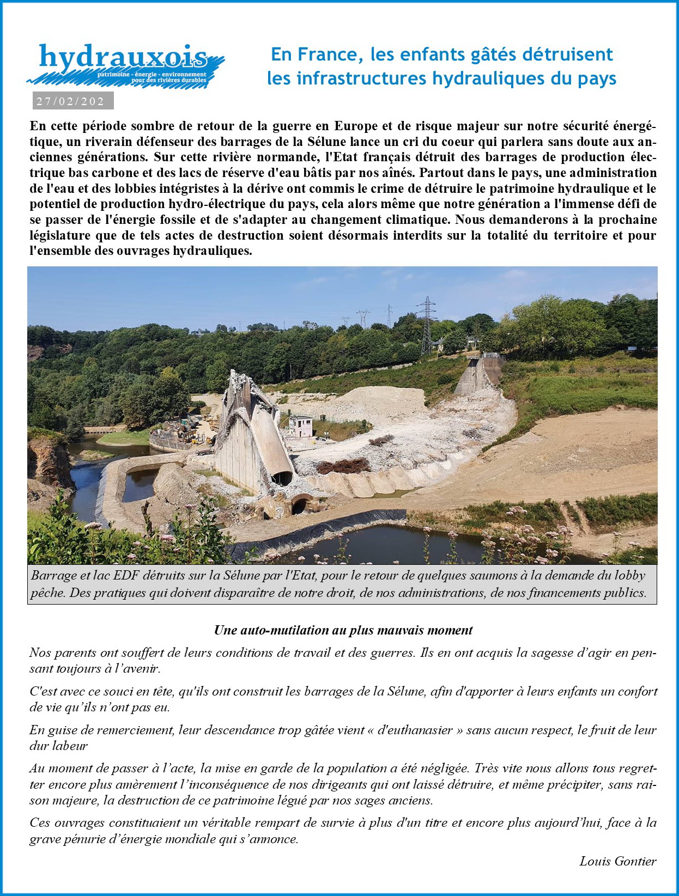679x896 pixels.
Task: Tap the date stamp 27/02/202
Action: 71,101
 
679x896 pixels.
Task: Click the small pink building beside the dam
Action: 300,427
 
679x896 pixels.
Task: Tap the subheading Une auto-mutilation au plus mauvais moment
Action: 343,630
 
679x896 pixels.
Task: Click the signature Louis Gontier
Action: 618,861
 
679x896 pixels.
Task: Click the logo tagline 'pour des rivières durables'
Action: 169,80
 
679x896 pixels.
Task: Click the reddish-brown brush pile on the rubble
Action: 343,466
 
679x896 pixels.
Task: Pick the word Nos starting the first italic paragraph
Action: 40,653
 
